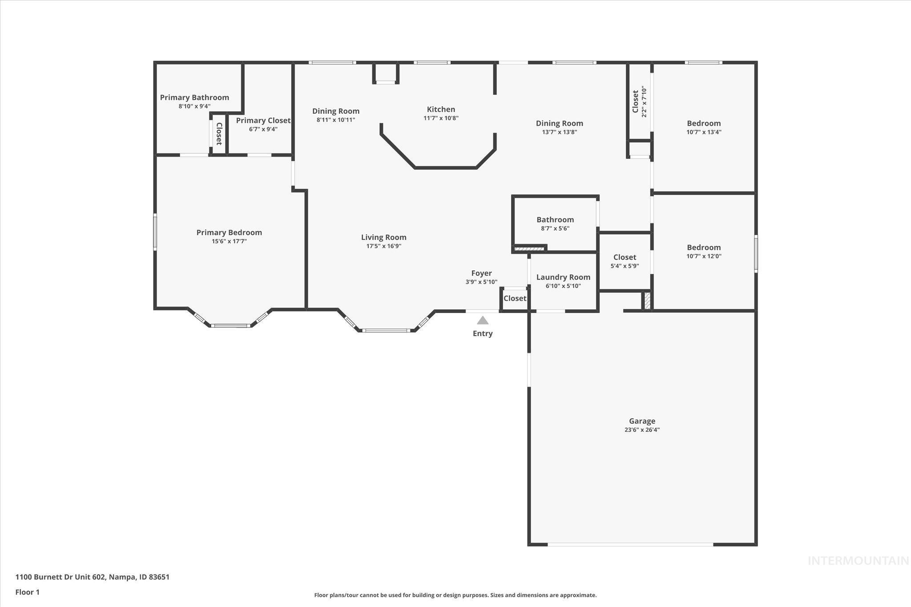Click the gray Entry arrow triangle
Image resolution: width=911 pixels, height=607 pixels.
pos(483,321)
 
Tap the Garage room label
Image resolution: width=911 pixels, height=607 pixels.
pos(642,421)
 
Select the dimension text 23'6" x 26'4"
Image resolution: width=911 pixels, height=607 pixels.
pos(642,430)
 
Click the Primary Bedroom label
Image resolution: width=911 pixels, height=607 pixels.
pos(229,232)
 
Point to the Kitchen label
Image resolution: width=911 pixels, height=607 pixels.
pos(441,109)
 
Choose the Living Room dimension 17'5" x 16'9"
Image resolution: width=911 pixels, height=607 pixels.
pos(383,246)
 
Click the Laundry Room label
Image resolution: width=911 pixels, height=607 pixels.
pos(563,277)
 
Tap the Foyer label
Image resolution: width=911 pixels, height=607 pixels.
pos(481,273)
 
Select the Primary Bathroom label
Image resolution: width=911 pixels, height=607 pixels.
pos(194,97)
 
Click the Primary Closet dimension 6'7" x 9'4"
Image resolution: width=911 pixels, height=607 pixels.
pos(263,129)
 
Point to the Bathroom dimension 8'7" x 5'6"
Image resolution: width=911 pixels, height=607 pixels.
pos(555,229)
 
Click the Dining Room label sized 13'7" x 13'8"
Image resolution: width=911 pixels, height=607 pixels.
pos(559,123)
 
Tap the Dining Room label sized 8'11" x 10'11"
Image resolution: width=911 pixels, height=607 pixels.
pos(336,111)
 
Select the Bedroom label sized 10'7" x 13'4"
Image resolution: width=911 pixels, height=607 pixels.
pos(704,123)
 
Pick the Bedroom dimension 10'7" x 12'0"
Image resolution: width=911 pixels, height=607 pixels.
pos(704,256)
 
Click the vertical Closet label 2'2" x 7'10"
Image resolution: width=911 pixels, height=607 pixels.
pos(636,101)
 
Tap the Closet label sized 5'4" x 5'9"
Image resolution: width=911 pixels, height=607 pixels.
pos(625,257)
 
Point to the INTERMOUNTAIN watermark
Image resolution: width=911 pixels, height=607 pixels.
pos(858,561)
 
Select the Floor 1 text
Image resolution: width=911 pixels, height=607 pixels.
pos(28,592)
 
